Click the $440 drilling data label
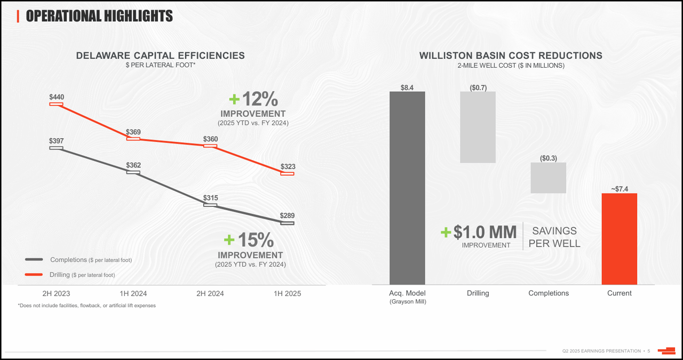(x=57, y=97)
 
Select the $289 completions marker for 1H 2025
(x=287, y=223)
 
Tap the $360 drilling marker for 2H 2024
(x=210, y=146)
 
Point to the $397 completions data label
(x=57, y=141)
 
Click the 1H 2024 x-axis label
(x=133, y=293)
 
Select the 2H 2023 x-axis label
(x=56, y=293)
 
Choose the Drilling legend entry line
(x=34, y=275)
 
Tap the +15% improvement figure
(x=250, y=240)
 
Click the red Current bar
(x=619, y=238)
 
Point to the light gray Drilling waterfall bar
(x=478, y=127)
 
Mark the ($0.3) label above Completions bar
(x=548, y=158)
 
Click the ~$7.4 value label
(x=619, y=189)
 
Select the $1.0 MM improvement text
(x=484, y=232)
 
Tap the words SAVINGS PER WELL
(x=554, y=237)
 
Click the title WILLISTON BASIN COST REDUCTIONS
(x=511, y=55)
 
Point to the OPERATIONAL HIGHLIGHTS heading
(x=99, y=16)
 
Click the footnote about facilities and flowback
(x=86, y=306)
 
